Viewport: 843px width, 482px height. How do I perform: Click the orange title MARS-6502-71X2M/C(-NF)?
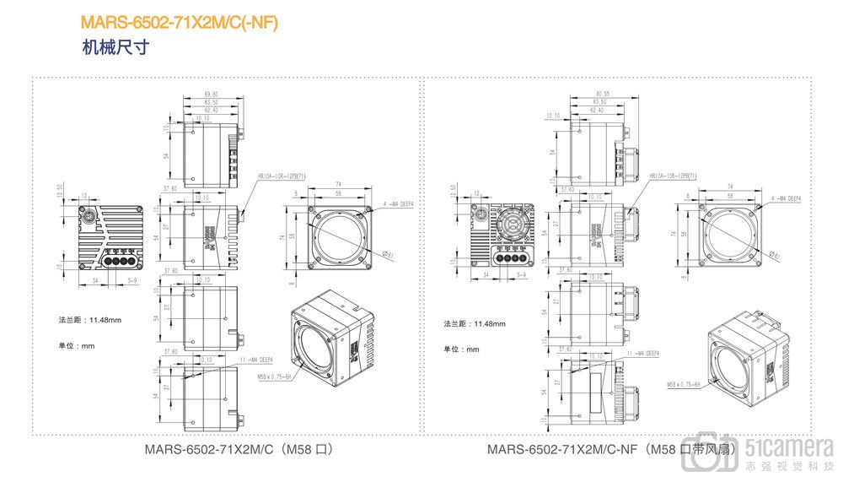(x=179, y=23)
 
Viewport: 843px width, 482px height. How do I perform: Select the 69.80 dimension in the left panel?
(x=211, y=94)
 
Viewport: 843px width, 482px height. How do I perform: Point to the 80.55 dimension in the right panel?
(x=602, y=94)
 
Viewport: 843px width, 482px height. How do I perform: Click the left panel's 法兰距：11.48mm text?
(x=89, y=321)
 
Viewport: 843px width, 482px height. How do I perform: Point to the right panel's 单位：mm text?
(x=461, y=349)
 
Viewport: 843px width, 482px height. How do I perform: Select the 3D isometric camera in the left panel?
(x=330, y=338)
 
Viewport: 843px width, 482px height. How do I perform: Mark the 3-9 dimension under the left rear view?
(x=132, y=275)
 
